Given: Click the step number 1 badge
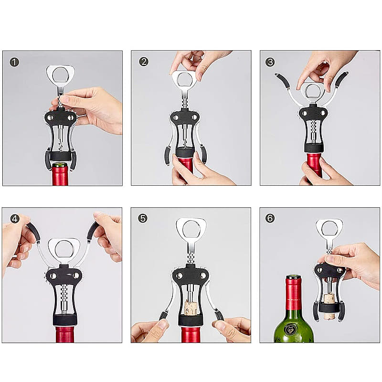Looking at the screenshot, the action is (x=14, y=62).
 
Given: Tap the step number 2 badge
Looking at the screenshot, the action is (x=144, y=62).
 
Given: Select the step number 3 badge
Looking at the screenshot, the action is (x=270, y=62).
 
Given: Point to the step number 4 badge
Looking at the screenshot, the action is (x=15, y=219).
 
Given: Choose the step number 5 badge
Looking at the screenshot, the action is (x=143, y=218).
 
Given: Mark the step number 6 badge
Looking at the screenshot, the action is (x=270, y=218).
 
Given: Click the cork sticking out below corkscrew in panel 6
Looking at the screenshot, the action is (x=329, y=316).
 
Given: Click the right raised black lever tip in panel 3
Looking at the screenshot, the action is (x=341, y=79).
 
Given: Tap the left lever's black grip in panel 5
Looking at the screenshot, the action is (x=163, y=316).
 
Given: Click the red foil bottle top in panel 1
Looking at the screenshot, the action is (x=60, y=174).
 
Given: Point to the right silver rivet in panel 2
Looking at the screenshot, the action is (x=194, y=117).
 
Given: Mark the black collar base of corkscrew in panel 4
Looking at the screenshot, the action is (x=65, y=319).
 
